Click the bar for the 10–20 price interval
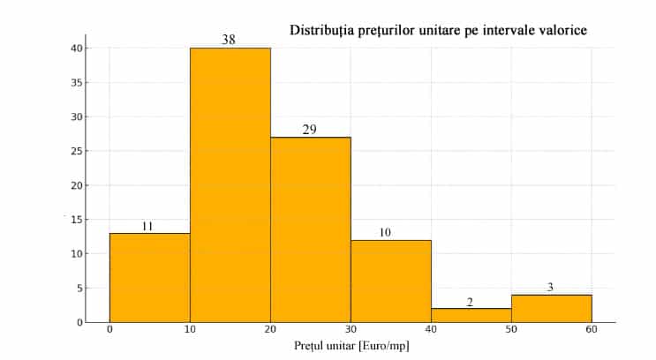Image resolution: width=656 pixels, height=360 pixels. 230,185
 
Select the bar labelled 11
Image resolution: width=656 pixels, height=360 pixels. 149,278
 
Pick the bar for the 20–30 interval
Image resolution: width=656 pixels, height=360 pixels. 310,229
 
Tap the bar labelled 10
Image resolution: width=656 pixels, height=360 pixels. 390,281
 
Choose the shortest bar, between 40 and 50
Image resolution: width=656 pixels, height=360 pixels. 471,315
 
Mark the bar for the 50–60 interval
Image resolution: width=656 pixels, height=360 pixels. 551,308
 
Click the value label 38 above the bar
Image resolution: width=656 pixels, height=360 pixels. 229,40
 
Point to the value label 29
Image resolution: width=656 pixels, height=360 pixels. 310,130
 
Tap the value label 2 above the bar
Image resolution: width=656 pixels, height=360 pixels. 470,302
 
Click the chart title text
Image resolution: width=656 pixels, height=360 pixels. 439,30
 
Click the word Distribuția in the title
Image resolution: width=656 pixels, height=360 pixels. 323,30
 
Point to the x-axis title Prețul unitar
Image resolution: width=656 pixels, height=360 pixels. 352,346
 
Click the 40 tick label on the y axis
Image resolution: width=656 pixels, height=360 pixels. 79,49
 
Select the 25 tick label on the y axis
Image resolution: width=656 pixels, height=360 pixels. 79,151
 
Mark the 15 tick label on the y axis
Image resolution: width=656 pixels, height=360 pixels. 79,220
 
